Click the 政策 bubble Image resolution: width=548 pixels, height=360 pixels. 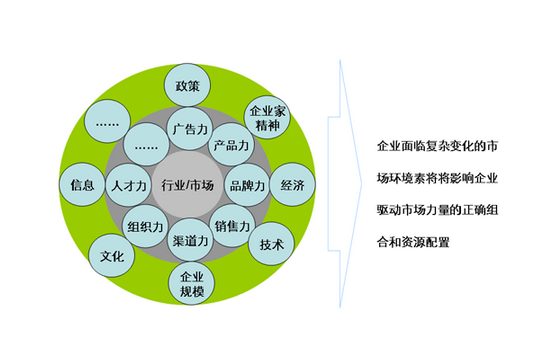pos(189,85)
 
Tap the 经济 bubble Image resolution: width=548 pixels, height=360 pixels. pos(292,185)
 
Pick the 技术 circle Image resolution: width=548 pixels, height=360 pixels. pos(272,244)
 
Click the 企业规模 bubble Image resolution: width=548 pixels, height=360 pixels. pos(191,284)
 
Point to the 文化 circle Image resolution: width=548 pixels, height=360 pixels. pos(112,255)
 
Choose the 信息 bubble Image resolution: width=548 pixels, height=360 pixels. pos(83,185)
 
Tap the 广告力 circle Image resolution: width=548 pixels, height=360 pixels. pos(189,129)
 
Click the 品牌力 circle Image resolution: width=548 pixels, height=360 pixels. pos(246,186)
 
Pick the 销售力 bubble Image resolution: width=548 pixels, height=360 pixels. pos(231,225)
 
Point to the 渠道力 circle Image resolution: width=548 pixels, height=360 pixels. pos(189,242)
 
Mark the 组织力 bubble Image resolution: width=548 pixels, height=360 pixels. pos(146,226)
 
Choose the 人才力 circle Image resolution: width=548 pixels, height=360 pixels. pos(130,186)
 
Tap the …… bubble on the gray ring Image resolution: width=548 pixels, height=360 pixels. pos(146,146)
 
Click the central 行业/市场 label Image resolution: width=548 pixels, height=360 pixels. pos(188,186)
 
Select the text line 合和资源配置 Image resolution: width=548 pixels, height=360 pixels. pos(414,240)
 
